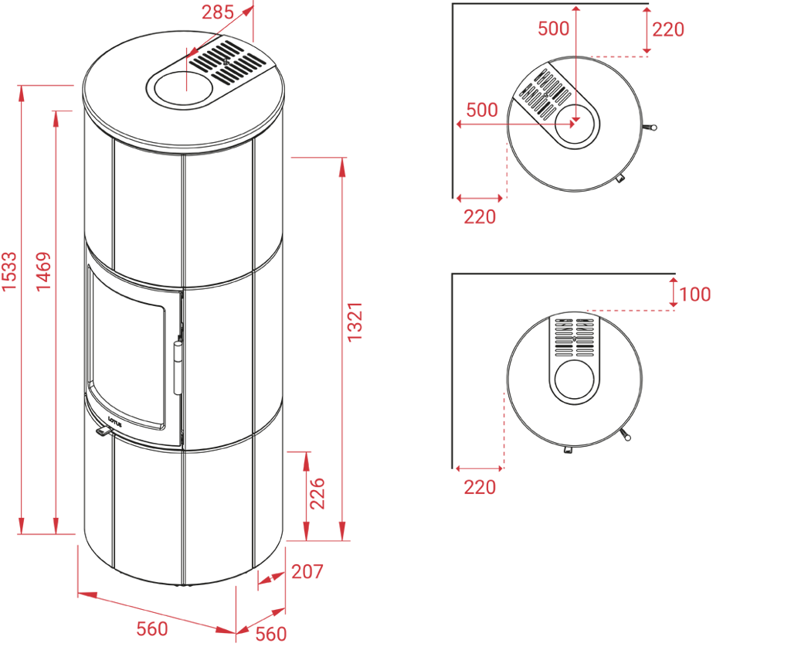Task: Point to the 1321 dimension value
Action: (356, 323)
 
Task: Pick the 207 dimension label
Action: (307, 573)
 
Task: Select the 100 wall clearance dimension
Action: (696, 294)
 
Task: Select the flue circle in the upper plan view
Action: (575, 124)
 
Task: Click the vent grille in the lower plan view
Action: (574, 337)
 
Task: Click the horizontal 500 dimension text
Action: (482, 110)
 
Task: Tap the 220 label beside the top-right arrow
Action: (668, 30)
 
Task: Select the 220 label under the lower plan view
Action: (480, 487)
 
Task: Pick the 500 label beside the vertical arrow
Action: (554, 29)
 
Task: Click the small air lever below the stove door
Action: (101, 430)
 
